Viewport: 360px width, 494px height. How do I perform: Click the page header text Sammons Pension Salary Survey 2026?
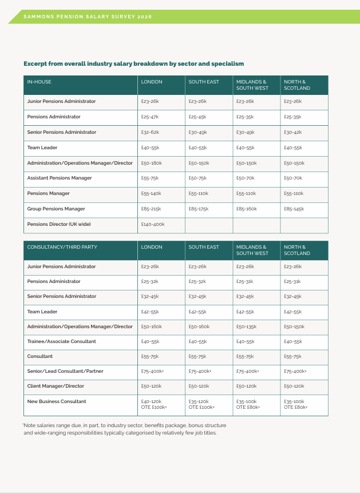click(x=88, y=17)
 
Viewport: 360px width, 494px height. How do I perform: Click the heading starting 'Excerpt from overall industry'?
click(x=134, y=63)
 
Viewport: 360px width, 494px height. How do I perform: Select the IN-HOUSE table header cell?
click(x=39, y=82)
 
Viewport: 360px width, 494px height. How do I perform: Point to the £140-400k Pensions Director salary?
click(x=153, y=224)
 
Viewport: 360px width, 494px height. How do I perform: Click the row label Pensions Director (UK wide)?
click(x=59, y=224)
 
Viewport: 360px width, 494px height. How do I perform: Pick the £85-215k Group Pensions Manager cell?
click(x=151, y=209)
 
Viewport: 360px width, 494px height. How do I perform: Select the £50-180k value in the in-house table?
click(x=151, y=163)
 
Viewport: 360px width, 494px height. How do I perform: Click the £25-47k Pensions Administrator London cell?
click(x=149, y=117)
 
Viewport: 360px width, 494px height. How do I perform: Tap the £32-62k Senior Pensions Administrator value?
click(x=149, y=132)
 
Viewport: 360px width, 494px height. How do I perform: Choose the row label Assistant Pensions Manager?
click(x=60, y=178)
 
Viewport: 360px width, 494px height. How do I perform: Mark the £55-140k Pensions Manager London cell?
click(x=151, y=193)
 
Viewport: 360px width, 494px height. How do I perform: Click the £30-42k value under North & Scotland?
click(x=292, y=132)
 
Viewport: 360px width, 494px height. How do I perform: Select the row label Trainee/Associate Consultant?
click(x=62, y=341)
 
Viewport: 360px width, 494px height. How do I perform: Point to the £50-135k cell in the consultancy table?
click(x=246, y=326)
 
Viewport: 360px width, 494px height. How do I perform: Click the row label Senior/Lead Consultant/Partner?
click(x=65, y=371)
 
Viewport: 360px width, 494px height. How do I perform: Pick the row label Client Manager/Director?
click(x=56, y=386)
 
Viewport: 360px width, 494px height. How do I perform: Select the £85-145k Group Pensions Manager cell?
click(x=294, y=209)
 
